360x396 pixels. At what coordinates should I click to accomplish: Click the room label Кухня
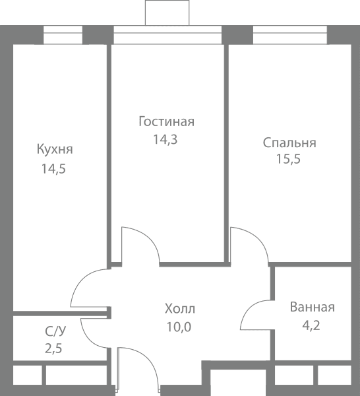[x=55, y=149]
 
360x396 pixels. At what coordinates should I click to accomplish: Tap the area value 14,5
[x=53, y=169]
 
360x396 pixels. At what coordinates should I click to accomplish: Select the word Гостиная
[x=167, y=121]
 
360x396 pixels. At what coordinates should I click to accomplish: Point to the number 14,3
[x=165, y=139]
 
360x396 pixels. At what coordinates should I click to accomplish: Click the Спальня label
[x=289, y=143]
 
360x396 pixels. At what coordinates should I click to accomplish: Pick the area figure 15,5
[x=289, y=159]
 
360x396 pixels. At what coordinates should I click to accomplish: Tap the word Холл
[x=180, y=309]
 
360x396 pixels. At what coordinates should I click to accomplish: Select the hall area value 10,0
[x=179, y=327]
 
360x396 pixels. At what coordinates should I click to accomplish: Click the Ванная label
[x=313, y=308]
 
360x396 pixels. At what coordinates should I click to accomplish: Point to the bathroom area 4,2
[x=311, y=325]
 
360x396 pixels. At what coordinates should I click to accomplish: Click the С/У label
[x=55, y=331]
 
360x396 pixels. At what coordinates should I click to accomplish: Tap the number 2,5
[x=53, y=348]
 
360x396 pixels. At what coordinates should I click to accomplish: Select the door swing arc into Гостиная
[x=149, y=238]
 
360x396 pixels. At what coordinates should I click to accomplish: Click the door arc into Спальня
[x=258, y=238]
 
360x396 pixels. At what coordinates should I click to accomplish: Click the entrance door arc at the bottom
[x=148, y=358]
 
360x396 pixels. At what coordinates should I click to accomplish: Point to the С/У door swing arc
[x=89, y=339]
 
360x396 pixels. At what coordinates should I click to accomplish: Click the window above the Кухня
[x=63, y=35]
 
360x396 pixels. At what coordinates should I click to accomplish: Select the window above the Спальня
[x=290, y=35]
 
